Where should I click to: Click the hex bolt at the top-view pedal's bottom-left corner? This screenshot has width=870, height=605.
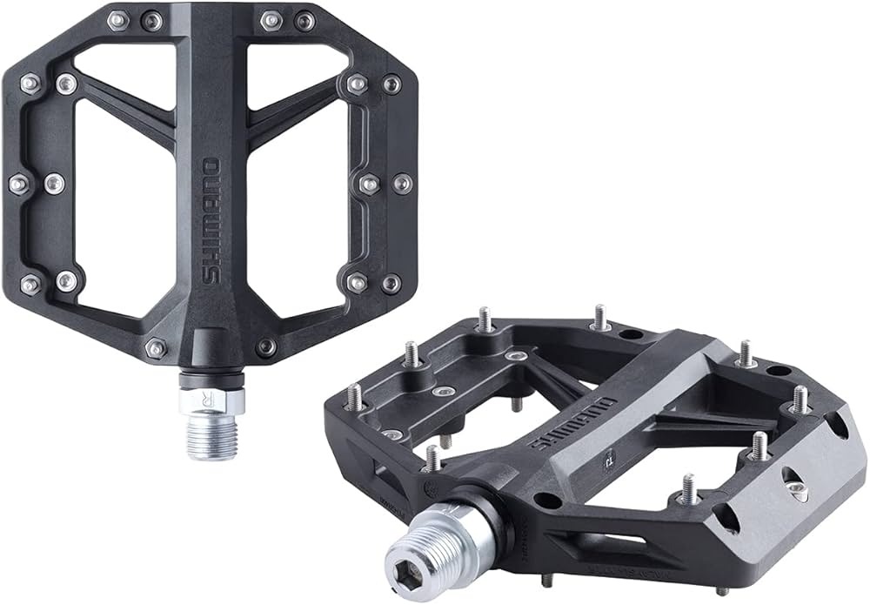(x=156, y=348)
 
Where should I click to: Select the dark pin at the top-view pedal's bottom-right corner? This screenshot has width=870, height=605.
(x=266, y=346)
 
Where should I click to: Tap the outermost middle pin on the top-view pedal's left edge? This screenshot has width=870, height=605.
(x=18, y=184)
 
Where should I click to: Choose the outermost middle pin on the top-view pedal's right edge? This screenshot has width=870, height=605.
(x=402, y=183)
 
